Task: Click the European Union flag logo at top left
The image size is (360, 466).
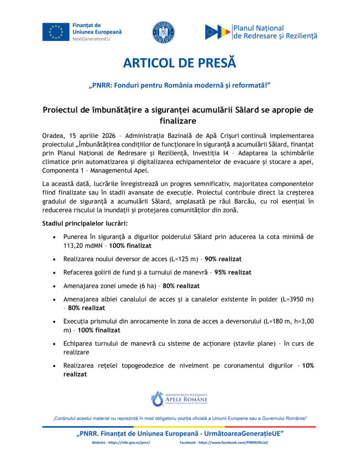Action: (x=56, y=31)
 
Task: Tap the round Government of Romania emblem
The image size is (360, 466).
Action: (x=163, y=32)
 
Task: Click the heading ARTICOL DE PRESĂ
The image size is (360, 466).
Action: (x=180, y=63)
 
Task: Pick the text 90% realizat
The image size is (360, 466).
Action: (x=223, y=259)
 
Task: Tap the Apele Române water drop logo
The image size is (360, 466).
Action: (x=157, y=398)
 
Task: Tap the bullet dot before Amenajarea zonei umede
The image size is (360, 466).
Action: (x=55, y=286)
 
